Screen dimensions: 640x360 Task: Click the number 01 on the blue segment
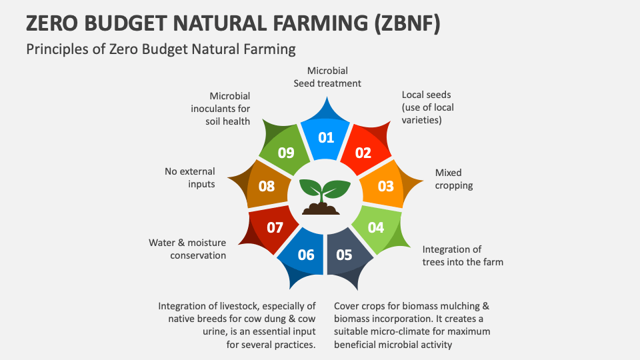point(326,137)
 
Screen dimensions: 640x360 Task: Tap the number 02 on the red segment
point(363,153)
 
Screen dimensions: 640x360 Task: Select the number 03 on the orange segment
point(386,186)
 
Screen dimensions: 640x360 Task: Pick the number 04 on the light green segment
point(376,227)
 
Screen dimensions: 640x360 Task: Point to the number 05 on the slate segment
point(344,255)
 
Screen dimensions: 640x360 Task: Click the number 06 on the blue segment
point(306,255)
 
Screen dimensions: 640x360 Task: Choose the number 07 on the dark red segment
point(275,227)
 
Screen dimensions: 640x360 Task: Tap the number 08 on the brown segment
point(267,186)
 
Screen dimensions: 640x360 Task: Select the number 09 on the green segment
point(286,153)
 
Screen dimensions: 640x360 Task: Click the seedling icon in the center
point(325,197)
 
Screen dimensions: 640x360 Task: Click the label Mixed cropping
point(453,179)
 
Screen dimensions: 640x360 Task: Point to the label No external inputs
point(190,177)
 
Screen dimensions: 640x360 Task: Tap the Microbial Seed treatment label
point(327,77)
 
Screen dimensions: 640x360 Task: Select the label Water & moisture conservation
point(187,249)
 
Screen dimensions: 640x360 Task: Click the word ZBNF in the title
point(407,23)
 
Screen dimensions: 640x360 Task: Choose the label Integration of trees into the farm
point(463,255)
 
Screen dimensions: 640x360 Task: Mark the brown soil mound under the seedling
point(321,208)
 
